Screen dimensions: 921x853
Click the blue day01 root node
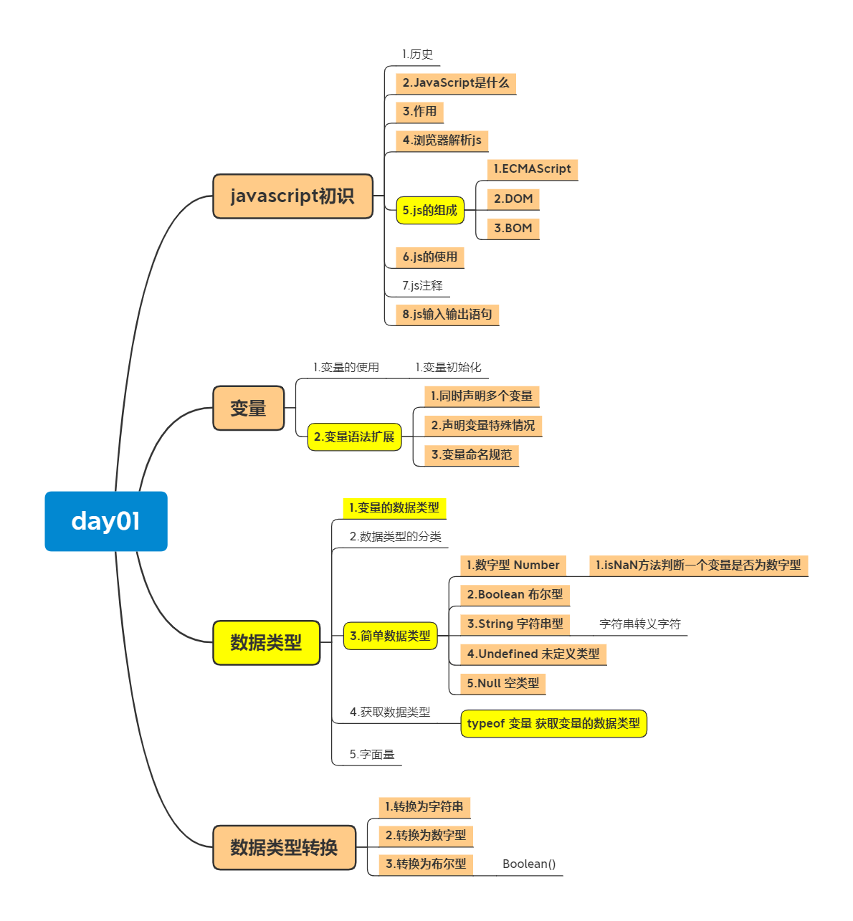click(x=106, y=521)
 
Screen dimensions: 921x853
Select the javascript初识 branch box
click(x=292, y=196)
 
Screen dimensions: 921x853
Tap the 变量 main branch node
click(x=248, y=408)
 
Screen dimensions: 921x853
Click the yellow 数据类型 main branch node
click(x=266, y=642)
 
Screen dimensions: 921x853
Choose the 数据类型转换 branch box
click(x=284, y=847)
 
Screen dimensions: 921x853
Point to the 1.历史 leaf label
click(x=417, y=54)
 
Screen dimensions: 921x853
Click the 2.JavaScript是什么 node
click(x=455, y=83)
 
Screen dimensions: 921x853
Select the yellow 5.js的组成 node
click(x=429, y=210)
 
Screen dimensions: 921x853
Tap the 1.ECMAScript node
click(x=532, y=169)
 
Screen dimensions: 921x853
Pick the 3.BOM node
click(x=513, y=228)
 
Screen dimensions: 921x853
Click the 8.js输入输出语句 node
click(x=447, y=314)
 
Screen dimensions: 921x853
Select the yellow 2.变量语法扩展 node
click(x=354, y=436)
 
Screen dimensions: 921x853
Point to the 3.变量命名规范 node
click(x=471, y=454)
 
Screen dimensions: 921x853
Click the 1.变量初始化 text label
click(x=448, y=368)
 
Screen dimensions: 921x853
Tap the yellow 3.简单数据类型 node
click(x=390, y=636)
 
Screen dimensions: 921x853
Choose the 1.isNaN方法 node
click(x=697, y=565)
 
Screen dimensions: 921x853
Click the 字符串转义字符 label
click(x=639, y=624)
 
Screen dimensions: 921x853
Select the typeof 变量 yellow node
click(x=553, y=723)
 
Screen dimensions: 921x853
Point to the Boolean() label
click(x=528, y=864)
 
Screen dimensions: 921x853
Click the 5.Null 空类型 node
click(x=502, y=683)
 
